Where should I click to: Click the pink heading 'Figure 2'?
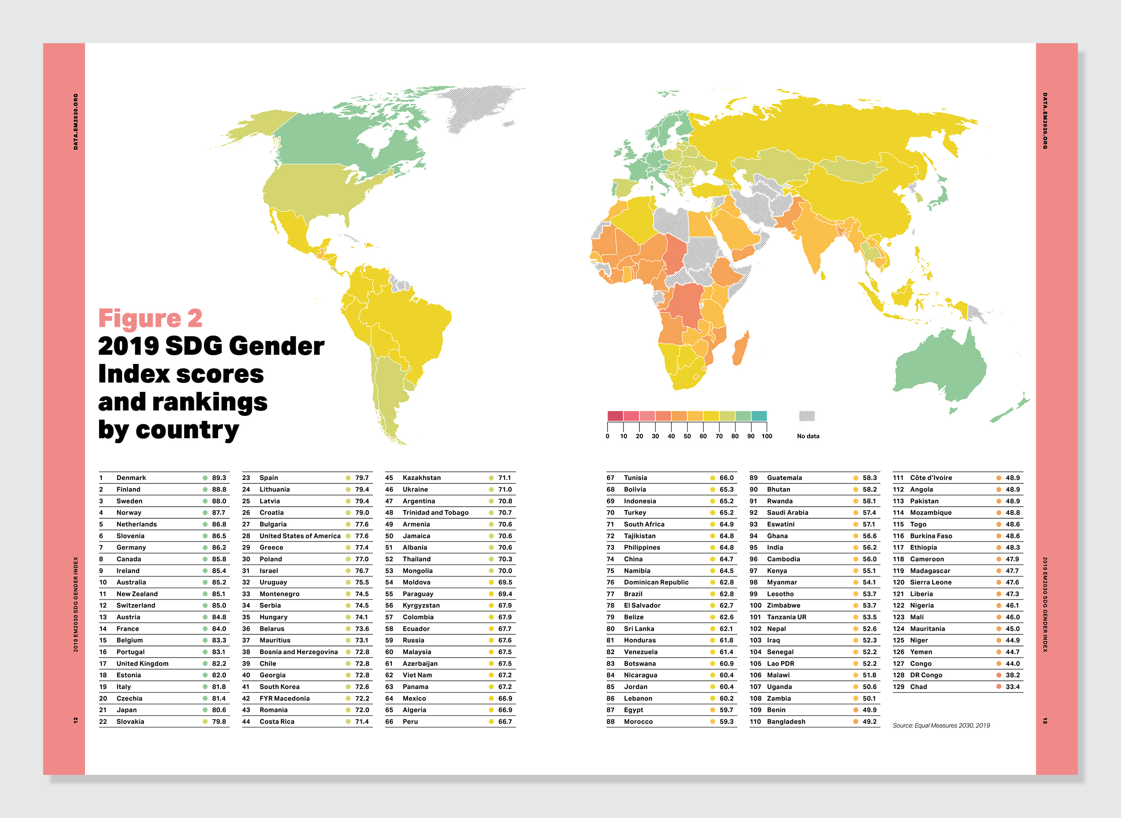[x=150, y=318]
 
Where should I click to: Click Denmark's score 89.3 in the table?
[x=219, y=478]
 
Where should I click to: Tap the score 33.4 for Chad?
[x=1012, y=687]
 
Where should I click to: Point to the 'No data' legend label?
[x=808, y=436]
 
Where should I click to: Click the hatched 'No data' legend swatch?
[x=807, y=416]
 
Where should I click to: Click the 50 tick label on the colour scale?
[x=687, y=436]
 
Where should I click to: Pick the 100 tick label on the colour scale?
[x=767, y=436]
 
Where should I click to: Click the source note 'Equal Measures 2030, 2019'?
[x=941, y=725]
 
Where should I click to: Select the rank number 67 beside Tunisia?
[x=610, y=478]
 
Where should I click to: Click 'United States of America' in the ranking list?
[x=300, y=536]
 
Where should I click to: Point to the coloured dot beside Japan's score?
[x=205, y=710]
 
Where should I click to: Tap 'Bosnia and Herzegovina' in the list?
[x=298, y=652]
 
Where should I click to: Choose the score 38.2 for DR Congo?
[x=1012, y=675]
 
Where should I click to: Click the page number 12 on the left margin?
[x=76, y=721]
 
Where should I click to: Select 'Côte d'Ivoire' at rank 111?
[x=931, y=478]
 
